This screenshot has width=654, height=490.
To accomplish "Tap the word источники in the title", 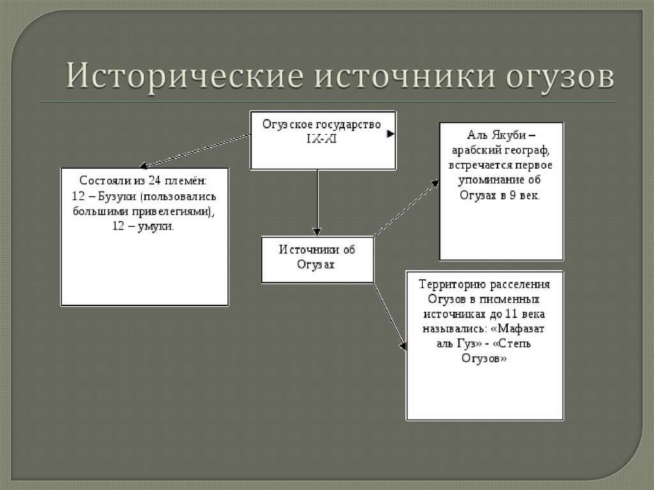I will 404,76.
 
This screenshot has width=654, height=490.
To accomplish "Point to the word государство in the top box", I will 348,123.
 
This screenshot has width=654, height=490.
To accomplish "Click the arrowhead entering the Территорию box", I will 402,346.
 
